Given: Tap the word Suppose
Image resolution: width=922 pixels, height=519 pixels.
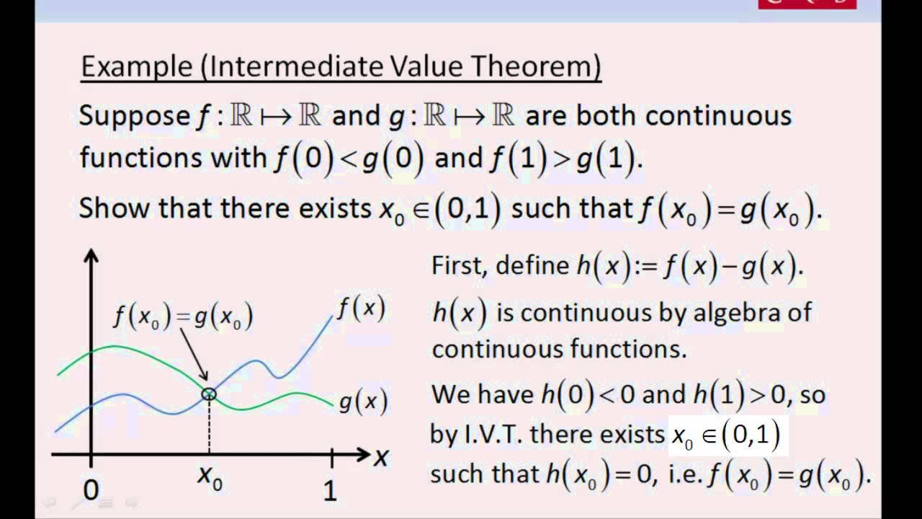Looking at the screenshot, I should (x=133, y=115).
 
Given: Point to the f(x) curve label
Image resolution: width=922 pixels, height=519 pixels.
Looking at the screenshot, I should (x=361, y=309).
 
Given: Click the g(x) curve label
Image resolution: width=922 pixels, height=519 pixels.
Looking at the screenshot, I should (x=362, y=402).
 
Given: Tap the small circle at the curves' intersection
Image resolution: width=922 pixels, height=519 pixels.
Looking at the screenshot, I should (x=209, y=394).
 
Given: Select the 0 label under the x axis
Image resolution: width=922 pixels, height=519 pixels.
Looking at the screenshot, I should (x=91, y=490).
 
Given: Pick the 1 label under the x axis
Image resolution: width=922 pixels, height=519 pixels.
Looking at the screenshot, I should (x=330, y=490).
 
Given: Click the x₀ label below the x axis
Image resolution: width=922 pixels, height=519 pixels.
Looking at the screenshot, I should (x=210, y=478).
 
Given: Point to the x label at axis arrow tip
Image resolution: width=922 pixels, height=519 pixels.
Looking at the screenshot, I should (x=382, y=456).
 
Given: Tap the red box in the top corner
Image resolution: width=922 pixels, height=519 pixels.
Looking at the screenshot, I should (x=807, y=4).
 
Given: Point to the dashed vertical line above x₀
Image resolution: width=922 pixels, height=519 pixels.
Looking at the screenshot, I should (x=209, y=425).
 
